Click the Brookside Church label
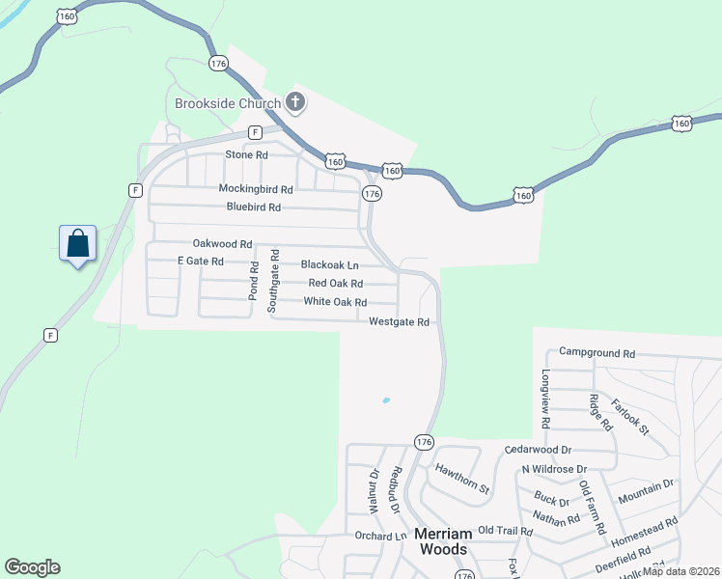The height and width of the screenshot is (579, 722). point(227,103)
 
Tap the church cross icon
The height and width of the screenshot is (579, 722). point(295,102)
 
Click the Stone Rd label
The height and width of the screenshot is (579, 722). point(246,154)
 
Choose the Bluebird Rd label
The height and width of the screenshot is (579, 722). point(254,207)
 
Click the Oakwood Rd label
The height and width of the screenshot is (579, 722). point(222,245)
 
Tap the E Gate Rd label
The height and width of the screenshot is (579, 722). point(201,262)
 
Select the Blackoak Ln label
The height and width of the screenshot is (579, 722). point(329,264)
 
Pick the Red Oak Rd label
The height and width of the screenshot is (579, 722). point(335,284)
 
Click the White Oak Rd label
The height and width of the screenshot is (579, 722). point(335,302)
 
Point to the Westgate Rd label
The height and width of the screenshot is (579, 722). point(399,322)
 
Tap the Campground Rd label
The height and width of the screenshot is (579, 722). point(597,354)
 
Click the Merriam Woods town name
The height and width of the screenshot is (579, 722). point(441,541)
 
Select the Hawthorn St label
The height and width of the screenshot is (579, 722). point(462,479)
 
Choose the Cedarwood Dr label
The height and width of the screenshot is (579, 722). point(539,450)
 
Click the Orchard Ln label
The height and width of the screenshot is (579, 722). point(380,537)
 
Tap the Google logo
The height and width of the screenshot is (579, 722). point(32,567)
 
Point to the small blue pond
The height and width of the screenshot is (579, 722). point(386,400)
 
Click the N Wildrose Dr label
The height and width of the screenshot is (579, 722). point(554,469)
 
